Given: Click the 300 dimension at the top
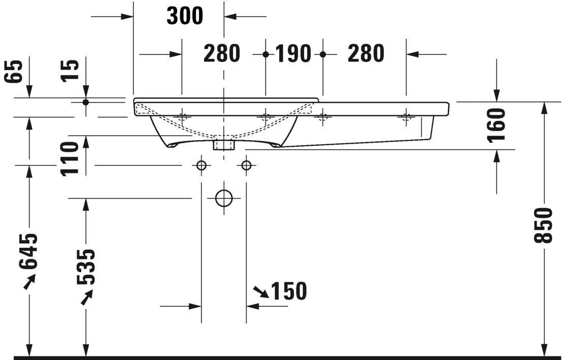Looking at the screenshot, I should click(x=185, y=16).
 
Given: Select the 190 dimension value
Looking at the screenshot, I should click(x=293, y=53).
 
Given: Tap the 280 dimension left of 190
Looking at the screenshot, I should click(x=222, y=53).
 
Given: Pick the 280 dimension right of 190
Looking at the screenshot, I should click(x=366, y=53).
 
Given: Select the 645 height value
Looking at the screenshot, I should click(x=29, y=251).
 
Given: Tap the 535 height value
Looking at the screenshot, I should click(x=85, y=266).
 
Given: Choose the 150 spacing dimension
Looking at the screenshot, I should click(x=288, y=291).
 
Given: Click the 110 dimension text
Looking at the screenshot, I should click(x=70, y=158).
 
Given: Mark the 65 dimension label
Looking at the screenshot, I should click(x=15, y=71).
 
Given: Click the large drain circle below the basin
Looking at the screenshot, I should click(x=224, y=198).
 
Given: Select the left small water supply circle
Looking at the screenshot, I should click(x=202, y=165).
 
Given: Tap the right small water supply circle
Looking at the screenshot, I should click(x=246, y=165).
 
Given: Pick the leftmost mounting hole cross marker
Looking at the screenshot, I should click(x=182, y=117).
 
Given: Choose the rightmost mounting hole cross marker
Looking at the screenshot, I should click(x=406, y=117).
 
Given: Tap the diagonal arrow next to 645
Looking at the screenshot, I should click(x=29, y=281).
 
